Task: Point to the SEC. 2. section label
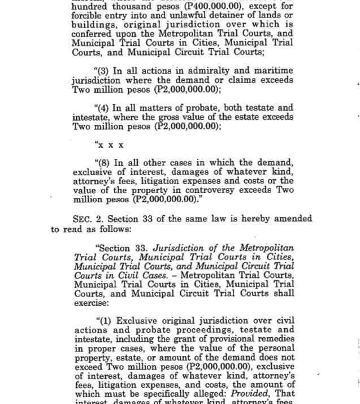coord(88,219)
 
